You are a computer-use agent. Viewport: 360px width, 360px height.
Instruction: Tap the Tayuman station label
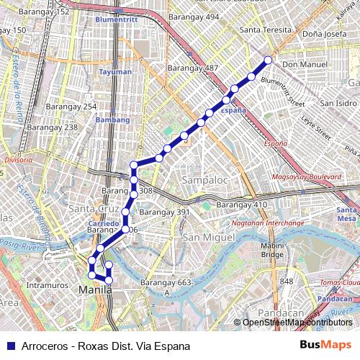tap(115, 72)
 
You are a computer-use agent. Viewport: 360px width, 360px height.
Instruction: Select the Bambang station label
tap(112, 120)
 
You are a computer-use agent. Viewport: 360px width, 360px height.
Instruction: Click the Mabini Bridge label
tap(271, 249)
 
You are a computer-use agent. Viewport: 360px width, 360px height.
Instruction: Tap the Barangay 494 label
tap(193, 17)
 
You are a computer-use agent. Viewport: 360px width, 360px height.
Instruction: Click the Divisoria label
tap(19, 160)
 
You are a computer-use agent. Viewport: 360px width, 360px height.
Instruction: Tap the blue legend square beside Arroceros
tap(9, 346)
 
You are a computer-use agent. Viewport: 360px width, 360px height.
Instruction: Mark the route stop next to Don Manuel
tap(269, 60)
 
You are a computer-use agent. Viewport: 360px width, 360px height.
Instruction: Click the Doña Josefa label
tap(324, 33)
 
